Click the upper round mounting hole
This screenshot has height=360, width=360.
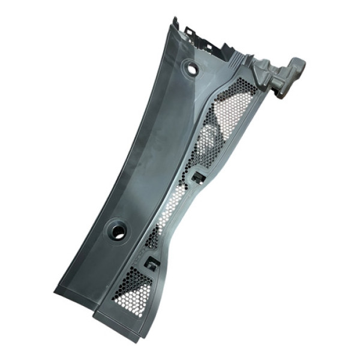pos(192,68)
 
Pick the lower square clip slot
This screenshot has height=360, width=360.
pos(152,263)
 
